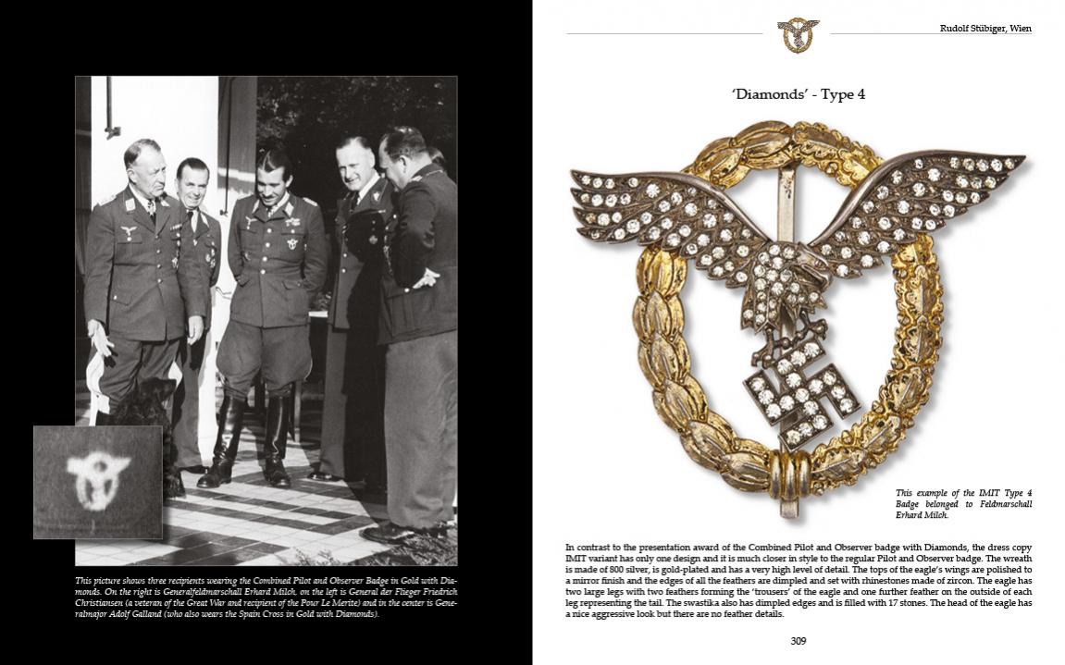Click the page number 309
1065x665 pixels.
tap(798, 641)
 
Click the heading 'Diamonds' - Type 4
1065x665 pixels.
tap(798, 94)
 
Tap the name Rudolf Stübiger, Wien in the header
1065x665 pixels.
tap(985, 29)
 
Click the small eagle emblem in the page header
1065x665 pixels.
tap(798, 34)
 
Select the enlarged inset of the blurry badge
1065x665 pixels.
tap(97, 481)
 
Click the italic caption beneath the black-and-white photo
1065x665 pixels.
tap(266, 597)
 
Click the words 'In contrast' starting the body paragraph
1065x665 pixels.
tap(589, 548)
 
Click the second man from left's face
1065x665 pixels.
tap(192, 179)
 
